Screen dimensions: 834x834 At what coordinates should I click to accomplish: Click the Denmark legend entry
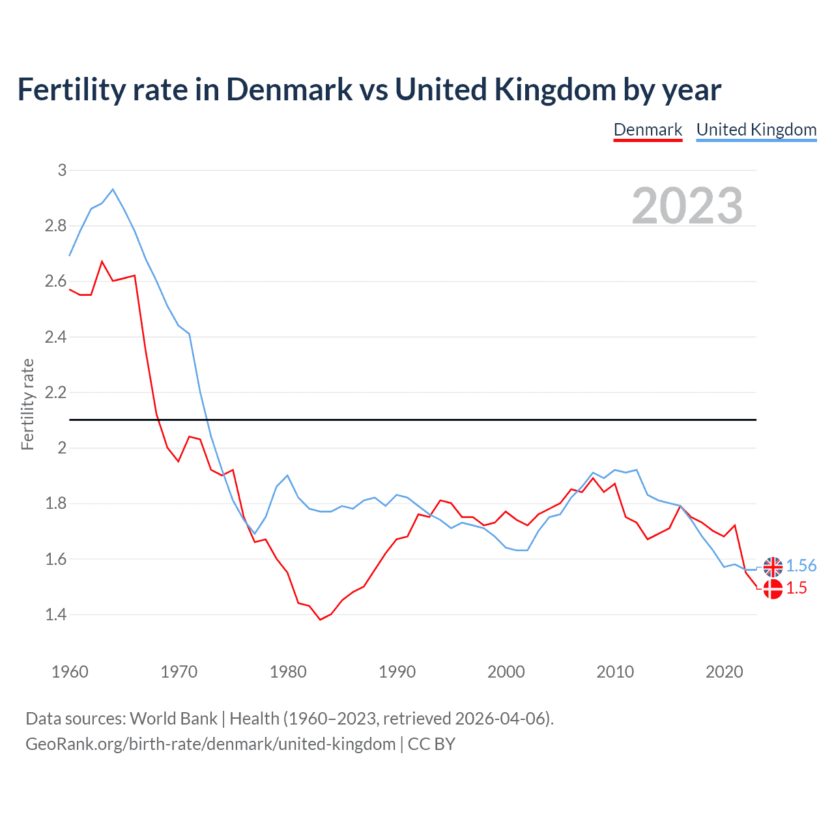click(x=648, y=130)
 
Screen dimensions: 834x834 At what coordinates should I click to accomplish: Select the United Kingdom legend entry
click(x=756, y=130)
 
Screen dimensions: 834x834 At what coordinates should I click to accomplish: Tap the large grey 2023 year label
click(x=687, y=206)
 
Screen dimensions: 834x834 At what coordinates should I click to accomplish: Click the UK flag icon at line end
click(x=773, y=567)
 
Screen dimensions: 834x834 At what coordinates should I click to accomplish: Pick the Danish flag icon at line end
click(x=773, y=589)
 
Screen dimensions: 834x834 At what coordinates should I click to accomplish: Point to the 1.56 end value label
click(x=801, y=566)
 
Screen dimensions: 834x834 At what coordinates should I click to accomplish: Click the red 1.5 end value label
click(x=796, y=588)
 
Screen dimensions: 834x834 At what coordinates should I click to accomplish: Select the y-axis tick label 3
click(x=63, y=171)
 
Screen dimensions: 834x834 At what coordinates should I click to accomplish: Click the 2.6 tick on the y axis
click(x=56, y=281)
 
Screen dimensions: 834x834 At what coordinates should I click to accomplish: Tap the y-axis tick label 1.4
click(x=56, y=614)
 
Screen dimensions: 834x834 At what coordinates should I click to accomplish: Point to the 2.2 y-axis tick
click(x=56, y=393)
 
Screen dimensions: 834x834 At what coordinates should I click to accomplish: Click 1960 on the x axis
click(x=70, y=672)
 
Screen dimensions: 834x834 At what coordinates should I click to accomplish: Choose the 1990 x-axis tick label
click(x=397, y=672)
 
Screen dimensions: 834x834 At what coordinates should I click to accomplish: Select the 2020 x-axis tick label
click(x=724, y=672)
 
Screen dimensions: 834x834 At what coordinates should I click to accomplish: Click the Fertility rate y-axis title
click(x=27, y=404)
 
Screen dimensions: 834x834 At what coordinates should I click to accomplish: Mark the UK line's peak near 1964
click(x=113, y=190)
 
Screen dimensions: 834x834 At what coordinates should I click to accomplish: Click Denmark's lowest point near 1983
click(x=320, y=620)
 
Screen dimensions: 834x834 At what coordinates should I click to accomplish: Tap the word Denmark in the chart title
click(x=289, y=90)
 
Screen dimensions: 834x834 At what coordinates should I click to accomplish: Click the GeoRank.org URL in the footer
click(x=210, y=744)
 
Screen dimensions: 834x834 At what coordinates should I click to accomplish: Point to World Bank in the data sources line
click(x=173, y=719)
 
